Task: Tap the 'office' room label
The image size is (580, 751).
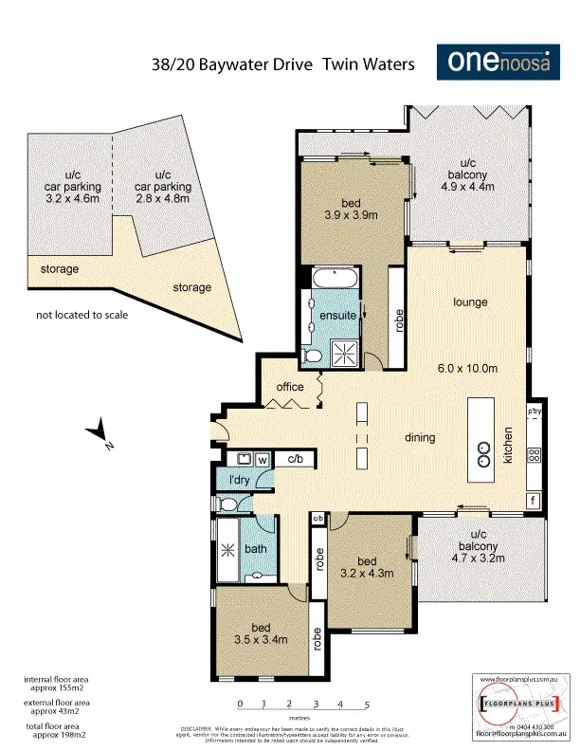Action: tap(290, 387)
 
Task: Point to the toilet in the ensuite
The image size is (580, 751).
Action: tap(314, 355)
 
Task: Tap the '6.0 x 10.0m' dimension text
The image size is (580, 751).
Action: tap(468, 368)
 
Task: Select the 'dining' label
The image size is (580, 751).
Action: tap(420, 437)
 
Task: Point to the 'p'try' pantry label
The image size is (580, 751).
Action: tap(535, 412)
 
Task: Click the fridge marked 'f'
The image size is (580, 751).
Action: tap(534, 500)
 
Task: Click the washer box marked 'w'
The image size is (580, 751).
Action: tap(263, 460)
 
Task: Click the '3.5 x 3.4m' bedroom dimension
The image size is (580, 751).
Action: tap(261, 640)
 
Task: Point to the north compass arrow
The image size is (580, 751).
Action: tap(98, 434)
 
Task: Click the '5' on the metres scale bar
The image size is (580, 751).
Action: tap(366, 704)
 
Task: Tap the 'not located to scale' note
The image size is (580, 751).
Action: tap(82, 315)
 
